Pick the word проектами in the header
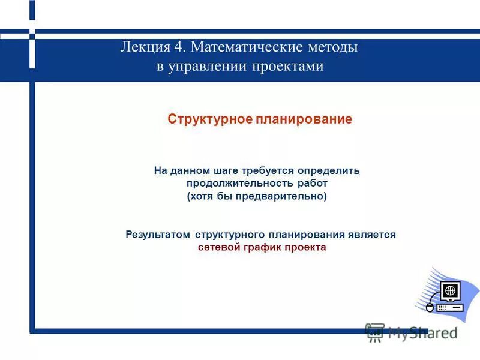[x=290, y=66]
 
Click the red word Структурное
[x=209, y=119]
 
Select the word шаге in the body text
[x=224, y=170]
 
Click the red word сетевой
[x=219, y=247]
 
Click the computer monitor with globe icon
[x=451, y=291]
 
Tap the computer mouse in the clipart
[x=429, y=307]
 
